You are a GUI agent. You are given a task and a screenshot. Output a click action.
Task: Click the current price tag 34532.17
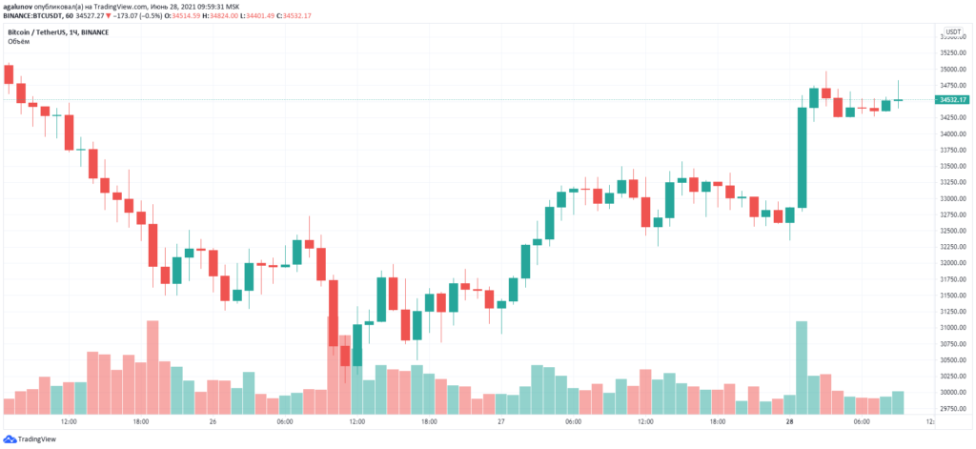pyautogui.click(x=953, y=99)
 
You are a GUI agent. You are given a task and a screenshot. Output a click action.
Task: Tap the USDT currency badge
pyautogui.click(x=953, y=31)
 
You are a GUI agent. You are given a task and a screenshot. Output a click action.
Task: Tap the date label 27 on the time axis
pyautogui.click(x=499, y=421)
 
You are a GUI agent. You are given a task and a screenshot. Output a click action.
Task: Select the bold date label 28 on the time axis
pyautogui.click(x=789, y=421)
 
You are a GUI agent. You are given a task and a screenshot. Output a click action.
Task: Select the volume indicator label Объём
pyautogui.click(x=19, y=42)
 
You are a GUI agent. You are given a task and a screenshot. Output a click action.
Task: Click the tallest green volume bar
pyautogui.click(x=802, y=368)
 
